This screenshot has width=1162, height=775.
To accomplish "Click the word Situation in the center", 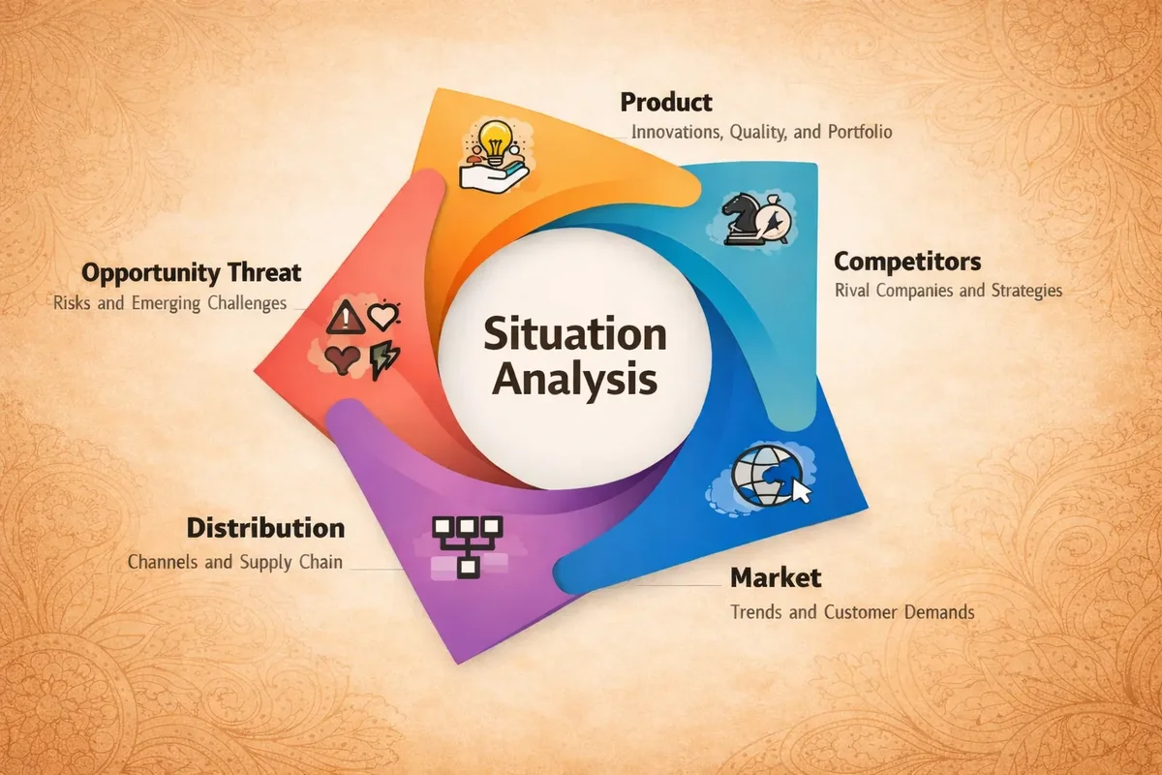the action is pyautogui.click(x=575, y=334).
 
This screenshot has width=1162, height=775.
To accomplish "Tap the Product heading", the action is pyautogui.click(x=666, y=103).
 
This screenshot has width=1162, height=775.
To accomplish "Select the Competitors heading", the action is pyautogui.click(x=907, y=263).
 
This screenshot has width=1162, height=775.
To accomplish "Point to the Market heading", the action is pyautogui.click(x=776, y=577).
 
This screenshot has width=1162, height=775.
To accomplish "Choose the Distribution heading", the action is pyautogui.click(x=265, y=528).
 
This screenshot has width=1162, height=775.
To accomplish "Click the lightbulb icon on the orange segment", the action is pyautogui.click(x=495, y=141).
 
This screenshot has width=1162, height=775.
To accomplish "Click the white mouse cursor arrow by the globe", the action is pyautogui.click(x=802, y=490).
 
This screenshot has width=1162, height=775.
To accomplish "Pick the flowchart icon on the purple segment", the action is pyautogui.click(x=467, y=546).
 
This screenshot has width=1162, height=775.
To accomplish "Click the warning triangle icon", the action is pyautogui.click(x=345, y=317).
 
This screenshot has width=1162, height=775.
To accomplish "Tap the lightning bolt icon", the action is pyautogui.click(x=383, y=360).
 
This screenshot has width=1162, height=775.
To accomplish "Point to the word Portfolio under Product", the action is pyautogui.click(x=860, y=133).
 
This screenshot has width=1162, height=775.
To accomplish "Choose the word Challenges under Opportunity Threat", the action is pyautogui.click(x=247, y=303).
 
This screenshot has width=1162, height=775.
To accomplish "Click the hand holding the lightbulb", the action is pyautogui.click(x=493, y=175).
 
